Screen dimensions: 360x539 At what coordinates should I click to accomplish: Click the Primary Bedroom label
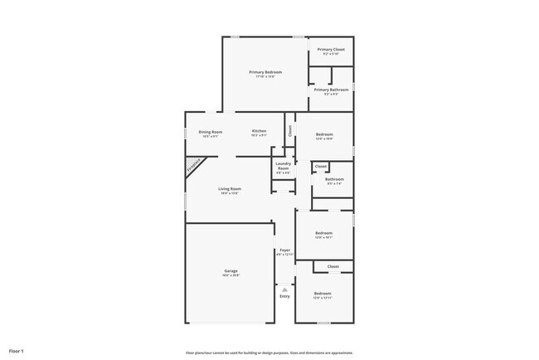point(266,72)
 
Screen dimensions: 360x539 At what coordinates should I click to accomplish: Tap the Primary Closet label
point(331,49)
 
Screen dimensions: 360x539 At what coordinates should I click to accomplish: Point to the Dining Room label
point(211,132)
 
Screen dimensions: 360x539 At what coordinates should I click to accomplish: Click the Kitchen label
point(260,132)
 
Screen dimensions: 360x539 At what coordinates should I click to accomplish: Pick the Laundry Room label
point(283,167)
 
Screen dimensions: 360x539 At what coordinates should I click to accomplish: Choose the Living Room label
point(229,189)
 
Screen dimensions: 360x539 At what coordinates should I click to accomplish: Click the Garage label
point(231,271)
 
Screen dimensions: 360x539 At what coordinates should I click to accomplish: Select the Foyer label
point(284,250)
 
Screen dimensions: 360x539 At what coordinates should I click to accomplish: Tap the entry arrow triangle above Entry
point(284,289)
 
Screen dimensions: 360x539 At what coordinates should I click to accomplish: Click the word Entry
point(284,296)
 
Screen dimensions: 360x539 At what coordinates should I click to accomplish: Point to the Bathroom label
point(334,178)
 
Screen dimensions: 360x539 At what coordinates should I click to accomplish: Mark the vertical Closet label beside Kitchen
point(290,130)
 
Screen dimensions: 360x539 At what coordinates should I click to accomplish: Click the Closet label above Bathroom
point(321,167)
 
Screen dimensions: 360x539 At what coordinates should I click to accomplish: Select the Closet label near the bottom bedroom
point(333,266)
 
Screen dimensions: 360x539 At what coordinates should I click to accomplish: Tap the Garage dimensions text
point(231,276)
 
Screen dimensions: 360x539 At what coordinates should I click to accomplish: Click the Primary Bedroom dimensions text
point(266,77)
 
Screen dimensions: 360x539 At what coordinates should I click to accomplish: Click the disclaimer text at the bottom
point(269,351)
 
